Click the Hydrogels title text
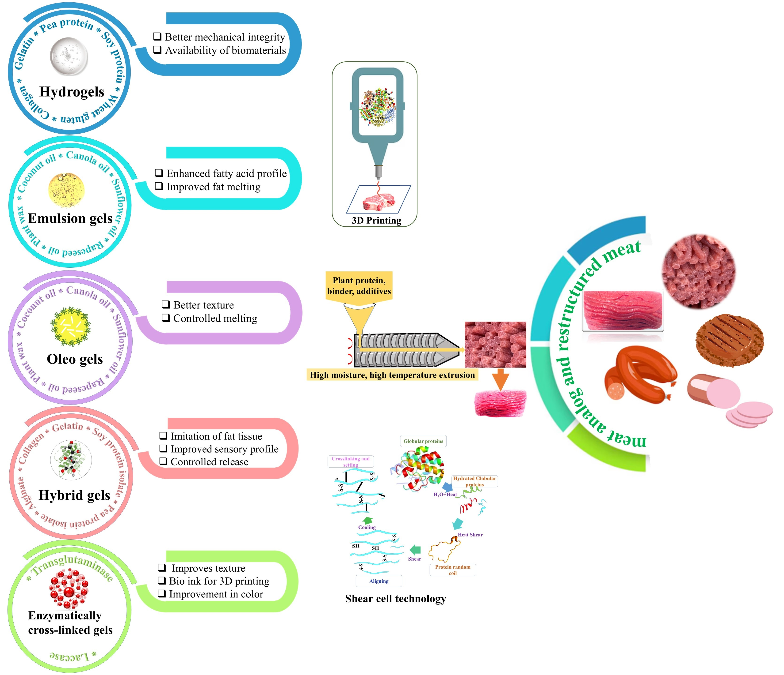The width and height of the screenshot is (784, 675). coord(72,92)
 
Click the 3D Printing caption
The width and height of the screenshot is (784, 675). coord(376,220)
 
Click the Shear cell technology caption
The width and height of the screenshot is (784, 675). coord(395,599)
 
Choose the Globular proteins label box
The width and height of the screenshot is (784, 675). coord(423,441)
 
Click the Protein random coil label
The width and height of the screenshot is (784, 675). coord(452,570)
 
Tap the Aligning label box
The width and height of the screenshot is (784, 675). coord(379,581)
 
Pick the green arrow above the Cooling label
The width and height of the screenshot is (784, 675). coord(367,520)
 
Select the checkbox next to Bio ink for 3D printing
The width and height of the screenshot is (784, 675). coord(162,581)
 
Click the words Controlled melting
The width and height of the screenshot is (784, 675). coord(215,318)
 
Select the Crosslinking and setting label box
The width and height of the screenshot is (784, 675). coord(350,461)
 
